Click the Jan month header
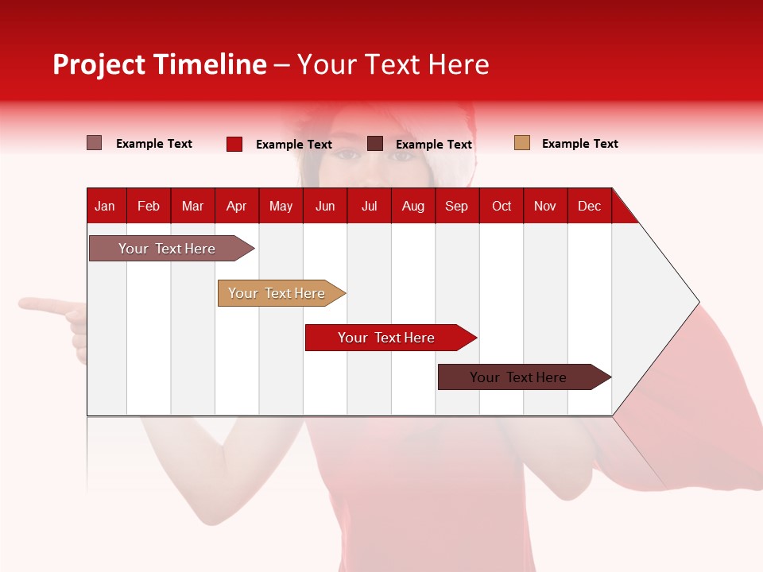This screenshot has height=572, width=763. point(105,207)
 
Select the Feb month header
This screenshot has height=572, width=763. point(149,207)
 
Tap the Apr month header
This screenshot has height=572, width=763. point(237,207)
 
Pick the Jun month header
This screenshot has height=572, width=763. point(325,207)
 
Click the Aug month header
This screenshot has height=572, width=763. point(413,207)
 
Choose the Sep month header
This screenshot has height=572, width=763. point(457,207)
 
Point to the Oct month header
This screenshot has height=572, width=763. point(502,207)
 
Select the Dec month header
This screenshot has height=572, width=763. point(590,207)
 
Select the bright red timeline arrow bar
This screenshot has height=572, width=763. point(387,338)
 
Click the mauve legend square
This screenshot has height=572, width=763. point(95,143)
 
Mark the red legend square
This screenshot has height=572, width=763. point(234,144)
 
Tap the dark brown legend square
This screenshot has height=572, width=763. point(375,144)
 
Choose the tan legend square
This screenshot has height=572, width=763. point(522,143)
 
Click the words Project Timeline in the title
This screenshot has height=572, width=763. point(160,64)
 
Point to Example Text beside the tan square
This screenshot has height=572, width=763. point(580,144)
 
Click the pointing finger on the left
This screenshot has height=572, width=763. point(36,304)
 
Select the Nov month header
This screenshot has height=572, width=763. point(545,207)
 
